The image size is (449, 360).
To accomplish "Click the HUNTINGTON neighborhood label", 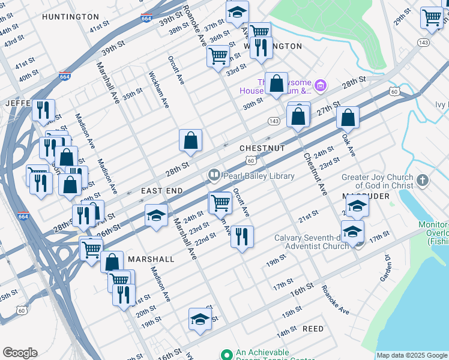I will pos(71,17).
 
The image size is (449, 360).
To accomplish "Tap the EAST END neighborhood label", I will pos(161,190).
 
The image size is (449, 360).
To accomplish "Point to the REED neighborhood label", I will pos(313,329).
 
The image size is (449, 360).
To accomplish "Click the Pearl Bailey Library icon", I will pos(214,176).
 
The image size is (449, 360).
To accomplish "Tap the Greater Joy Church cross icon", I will pos(423,180).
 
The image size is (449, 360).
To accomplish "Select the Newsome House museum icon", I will pos(321,86).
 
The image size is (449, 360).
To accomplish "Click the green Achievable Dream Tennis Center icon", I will pos(226,355).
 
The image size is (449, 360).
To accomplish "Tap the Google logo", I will pos(20,353).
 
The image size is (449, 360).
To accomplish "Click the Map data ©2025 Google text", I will pos(411,355).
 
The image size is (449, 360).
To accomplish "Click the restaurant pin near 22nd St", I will pos(241,235).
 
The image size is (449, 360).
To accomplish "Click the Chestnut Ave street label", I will pos(315,174).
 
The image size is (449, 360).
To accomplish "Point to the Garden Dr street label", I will pos(385,269).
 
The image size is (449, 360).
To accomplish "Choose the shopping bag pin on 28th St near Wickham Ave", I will pos(190,140).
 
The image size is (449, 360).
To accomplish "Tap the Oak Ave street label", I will pos(348,146).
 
